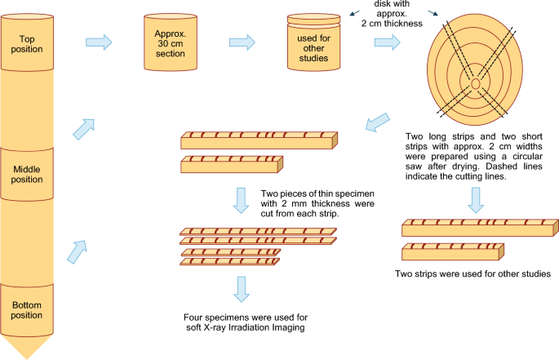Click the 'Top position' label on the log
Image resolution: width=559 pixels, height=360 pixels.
point(27,38)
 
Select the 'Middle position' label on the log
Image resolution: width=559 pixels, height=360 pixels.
point(27,174)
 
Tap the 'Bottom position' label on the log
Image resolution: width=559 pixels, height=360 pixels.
point(27,310)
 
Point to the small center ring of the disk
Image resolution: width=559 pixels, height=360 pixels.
point(475,83)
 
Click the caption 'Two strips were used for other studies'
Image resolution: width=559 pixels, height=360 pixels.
point(472,273)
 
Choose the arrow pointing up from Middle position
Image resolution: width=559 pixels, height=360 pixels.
point(83,127)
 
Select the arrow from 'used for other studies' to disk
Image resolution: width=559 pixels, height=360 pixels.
point(381,40)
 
